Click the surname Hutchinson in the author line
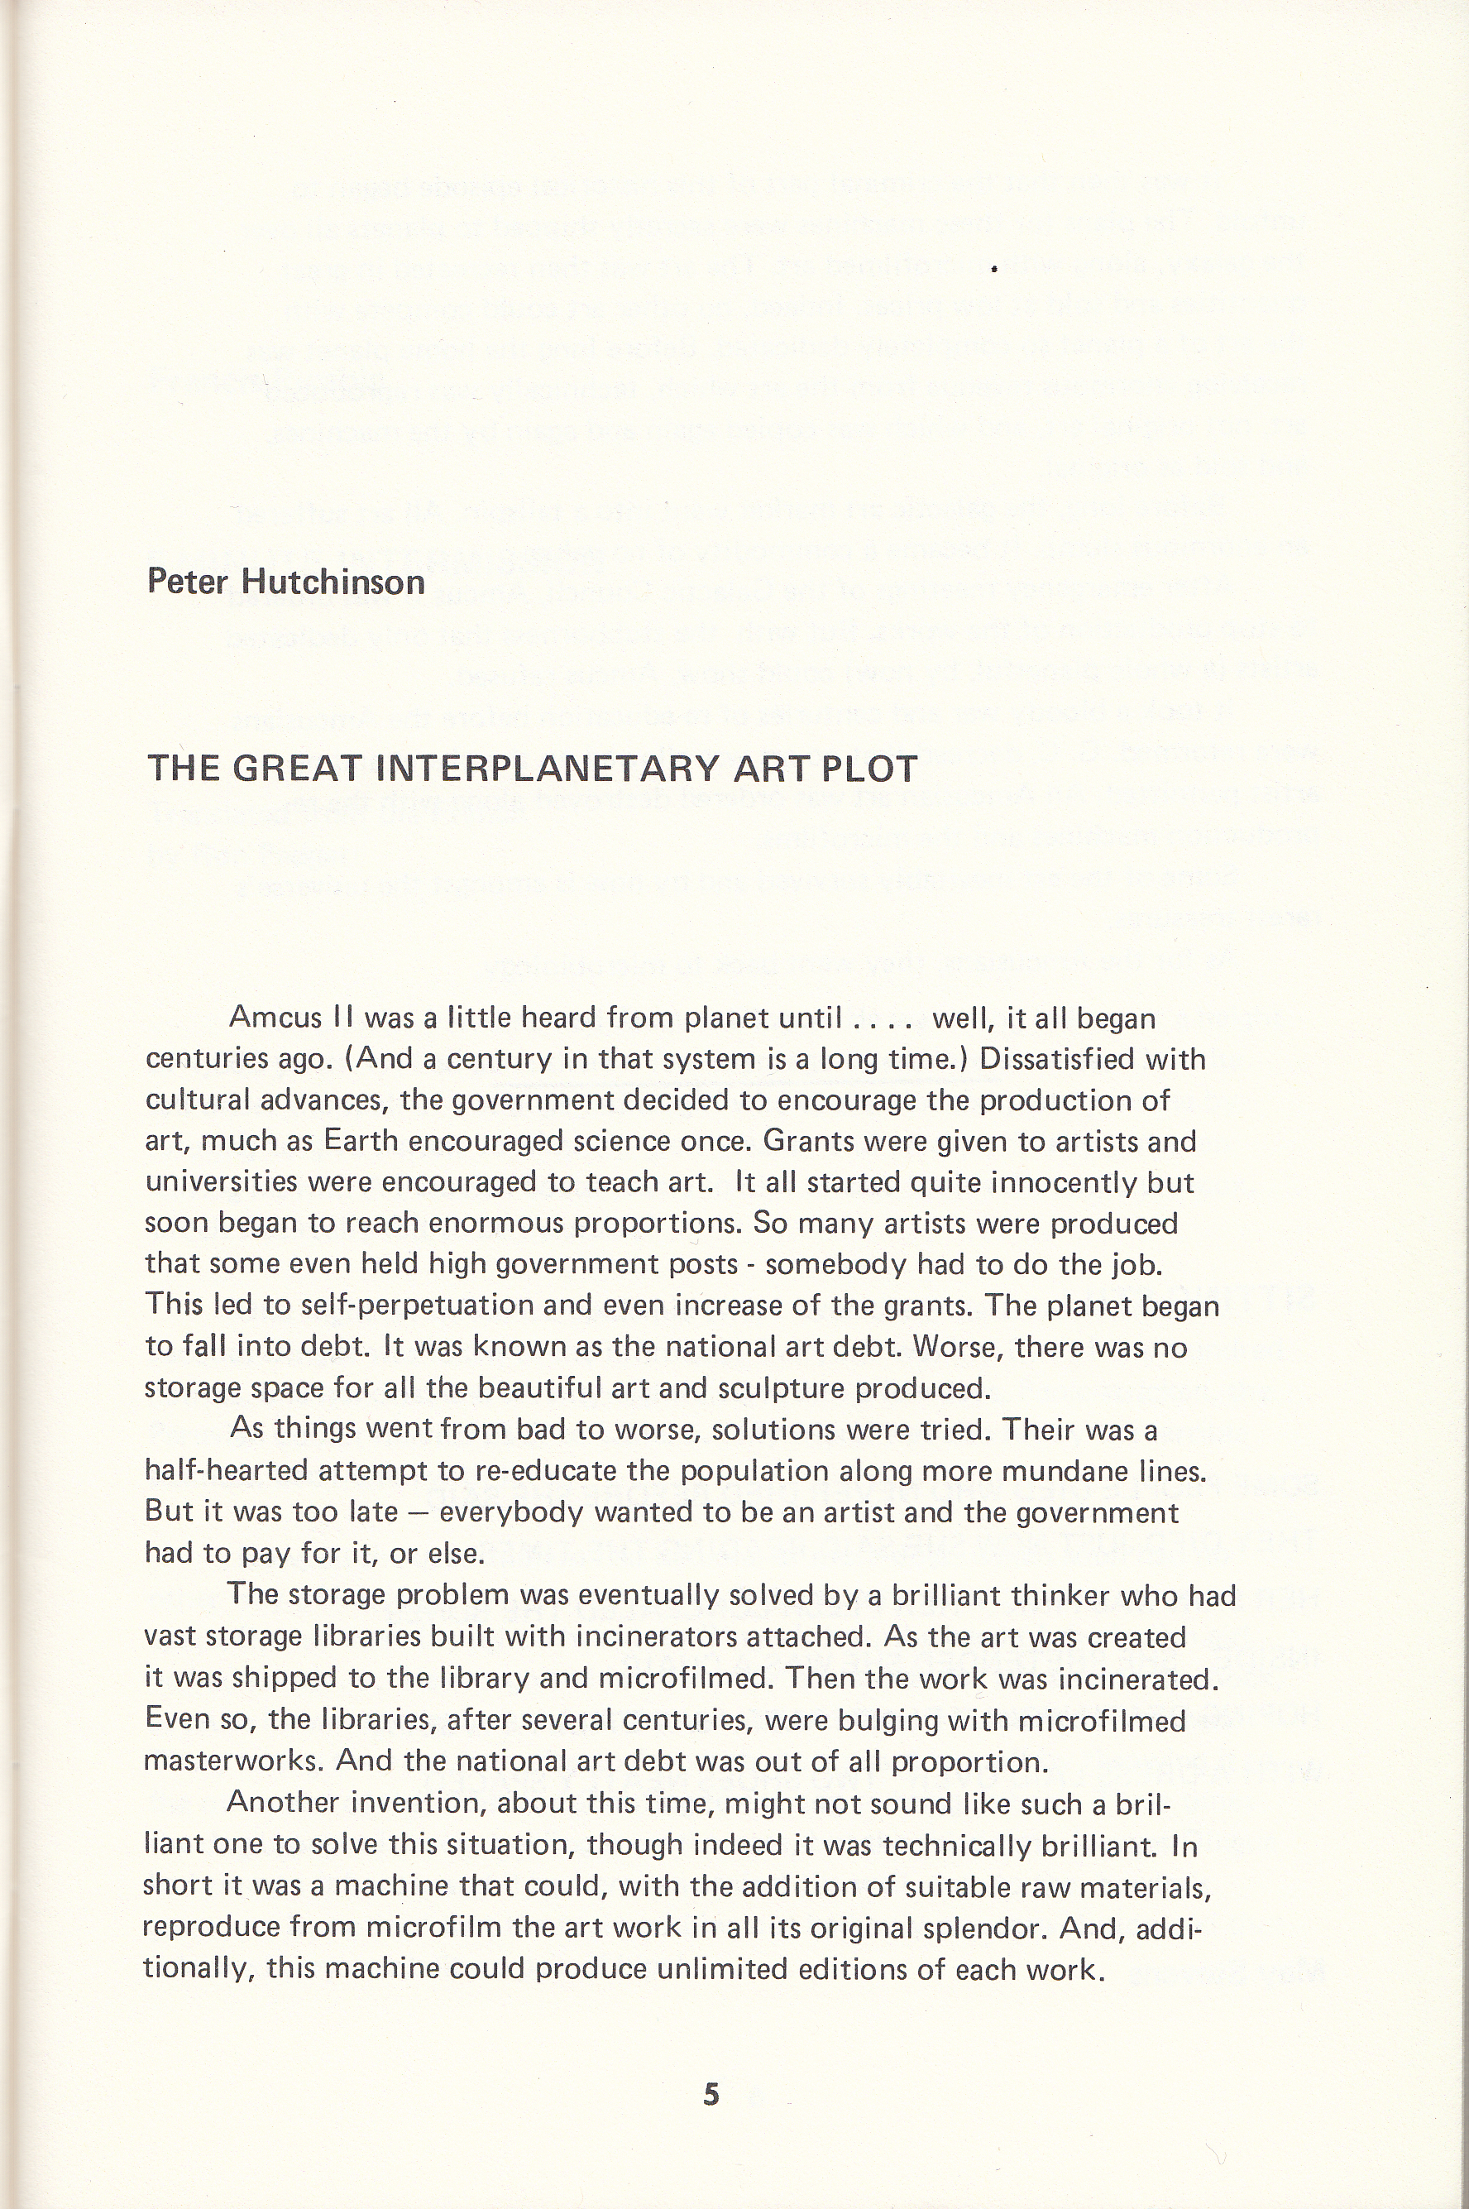(333, 582)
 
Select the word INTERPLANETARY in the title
(547, 769)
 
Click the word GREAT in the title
(295, 769)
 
